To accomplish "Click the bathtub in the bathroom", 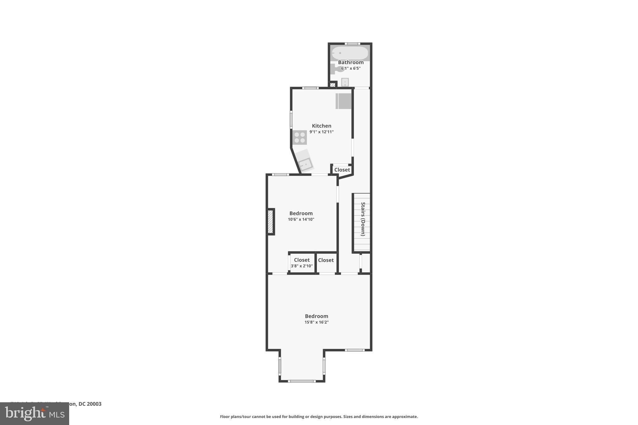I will [x=350, y=53].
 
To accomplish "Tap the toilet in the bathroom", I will [x=336, y=69].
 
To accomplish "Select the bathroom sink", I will [x=345, y=82].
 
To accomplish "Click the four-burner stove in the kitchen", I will [x=300, y=137].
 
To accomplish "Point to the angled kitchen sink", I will [x=305, y=163].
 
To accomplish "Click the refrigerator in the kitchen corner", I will [x=344, y=101].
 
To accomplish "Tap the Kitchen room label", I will [x=321, y=126].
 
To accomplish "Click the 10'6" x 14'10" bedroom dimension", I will [x=301, y=220].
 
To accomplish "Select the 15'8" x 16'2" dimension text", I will [x=317, y=322].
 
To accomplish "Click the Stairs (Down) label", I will [x=363, y=219].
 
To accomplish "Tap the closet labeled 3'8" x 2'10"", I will [x=302, y=263].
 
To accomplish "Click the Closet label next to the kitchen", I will [x=342, y=170].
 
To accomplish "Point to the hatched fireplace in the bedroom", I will [x=270, y=222].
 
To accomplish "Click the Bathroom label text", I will [x=351, y=62].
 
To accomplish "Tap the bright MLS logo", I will [x=35, y=413].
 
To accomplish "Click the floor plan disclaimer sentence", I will [x=319, y=417].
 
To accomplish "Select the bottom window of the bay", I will [x=301, y=381].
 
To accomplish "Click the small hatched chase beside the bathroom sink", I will [x=333, y=84].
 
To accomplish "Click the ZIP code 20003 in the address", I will [x=94, y=404].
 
